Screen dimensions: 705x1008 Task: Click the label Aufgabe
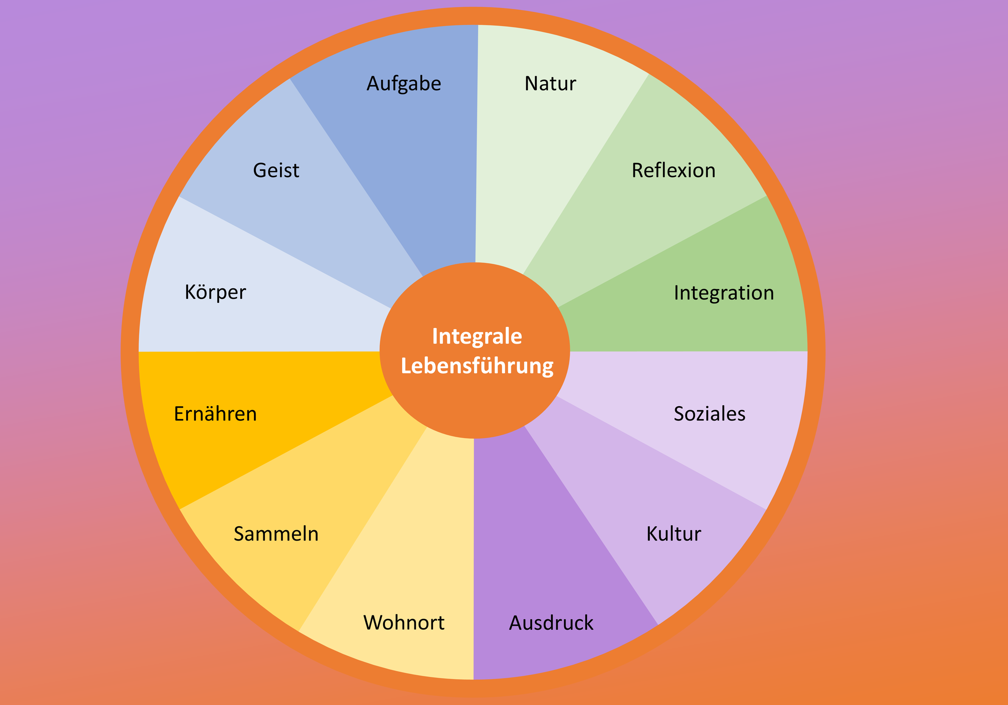point(404,84)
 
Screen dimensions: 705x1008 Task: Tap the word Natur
point(550,84)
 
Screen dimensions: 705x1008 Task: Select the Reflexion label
point(673,171)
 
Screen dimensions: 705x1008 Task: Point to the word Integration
point(724,293)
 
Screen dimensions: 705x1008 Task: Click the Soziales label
point(709,414)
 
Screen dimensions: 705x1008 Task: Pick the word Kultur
point(673,534)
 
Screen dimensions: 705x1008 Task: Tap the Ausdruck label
point(551,623)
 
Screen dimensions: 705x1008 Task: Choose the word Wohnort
point(404,623)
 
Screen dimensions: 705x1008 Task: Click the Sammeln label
point(276,534)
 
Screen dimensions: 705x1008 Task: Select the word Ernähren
point(215,414)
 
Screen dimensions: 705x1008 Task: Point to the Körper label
point(215,293)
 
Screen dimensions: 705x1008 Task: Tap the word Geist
point(276,171)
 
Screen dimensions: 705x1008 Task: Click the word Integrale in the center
point(476,337)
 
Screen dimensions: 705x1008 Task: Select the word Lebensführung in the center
point(476,367)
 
